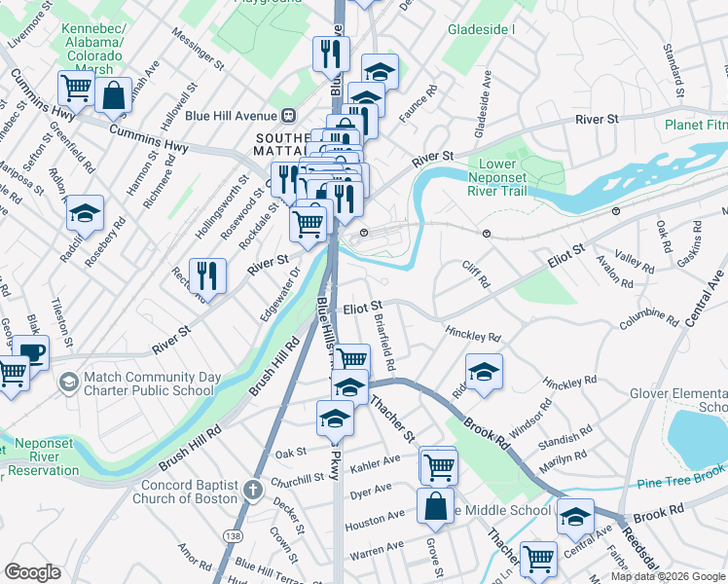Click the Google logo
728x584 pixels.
(x=33, y=572)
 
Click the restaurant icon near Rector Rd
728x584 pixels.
(x=207, y=276)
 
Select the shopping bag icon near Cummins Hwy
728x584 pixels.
(x=114, y=96)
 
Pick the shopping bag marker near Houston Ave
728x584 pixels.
(x=435, y=506)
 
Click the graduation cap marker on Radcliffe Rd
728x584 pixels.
(x=86, y=213)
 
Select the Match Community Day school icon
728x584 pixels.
(x=68, y=383)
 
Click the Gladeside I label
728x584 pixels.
(x=481, y=29)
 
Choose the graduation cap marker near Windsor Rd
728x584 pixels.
(x=484, y=373)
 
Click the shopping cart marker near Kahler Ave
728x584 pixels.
(x=438, y=466)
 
